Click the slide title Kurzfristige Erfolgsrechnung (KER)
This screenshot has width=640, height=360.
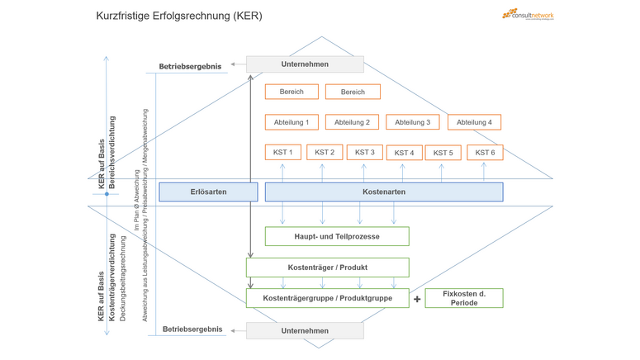(x=179, y=16)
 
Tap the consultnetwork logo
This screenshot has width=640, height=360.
(x=528, y=14)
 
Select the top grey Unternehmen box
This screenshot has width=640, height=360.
(x=305, y=64)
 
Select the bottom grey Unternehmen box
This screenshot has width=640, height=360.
(x=305, y=330)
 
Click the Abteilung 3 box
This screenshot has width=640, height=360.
(x=412, y=122)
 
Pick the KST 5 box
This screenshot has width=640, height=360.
(x=443, y=153)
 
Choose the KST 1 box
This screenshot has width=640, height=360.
(x=282, y=152)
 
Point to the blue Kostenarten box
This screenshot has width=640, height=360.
(x=384, y=192)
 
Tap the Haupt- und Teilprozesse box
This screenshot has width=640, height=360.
(x=337, y=236)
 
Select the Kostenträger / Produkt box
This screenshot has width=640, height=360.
(x=327, y=268)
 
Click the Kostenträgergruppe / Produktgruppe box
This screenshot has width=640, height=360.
(x=327, y=297)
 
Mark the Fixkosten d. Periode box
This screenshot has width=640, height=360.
(x=463, y=297)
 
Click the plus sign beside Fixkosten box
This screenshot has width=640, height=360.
(x=417, y=299)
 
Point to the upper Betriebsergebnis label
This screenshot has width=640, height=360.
(x=190, y=67)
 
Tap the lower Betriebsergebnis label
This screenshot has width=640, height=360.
(x=192, y=329)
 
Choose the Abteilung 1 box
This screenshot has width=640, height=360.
(x=292, y=122)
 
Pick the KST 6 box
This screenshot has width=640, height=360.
(x=485, y=152)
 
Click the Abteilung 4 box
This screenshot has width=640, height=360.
(x=474, y=122)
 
